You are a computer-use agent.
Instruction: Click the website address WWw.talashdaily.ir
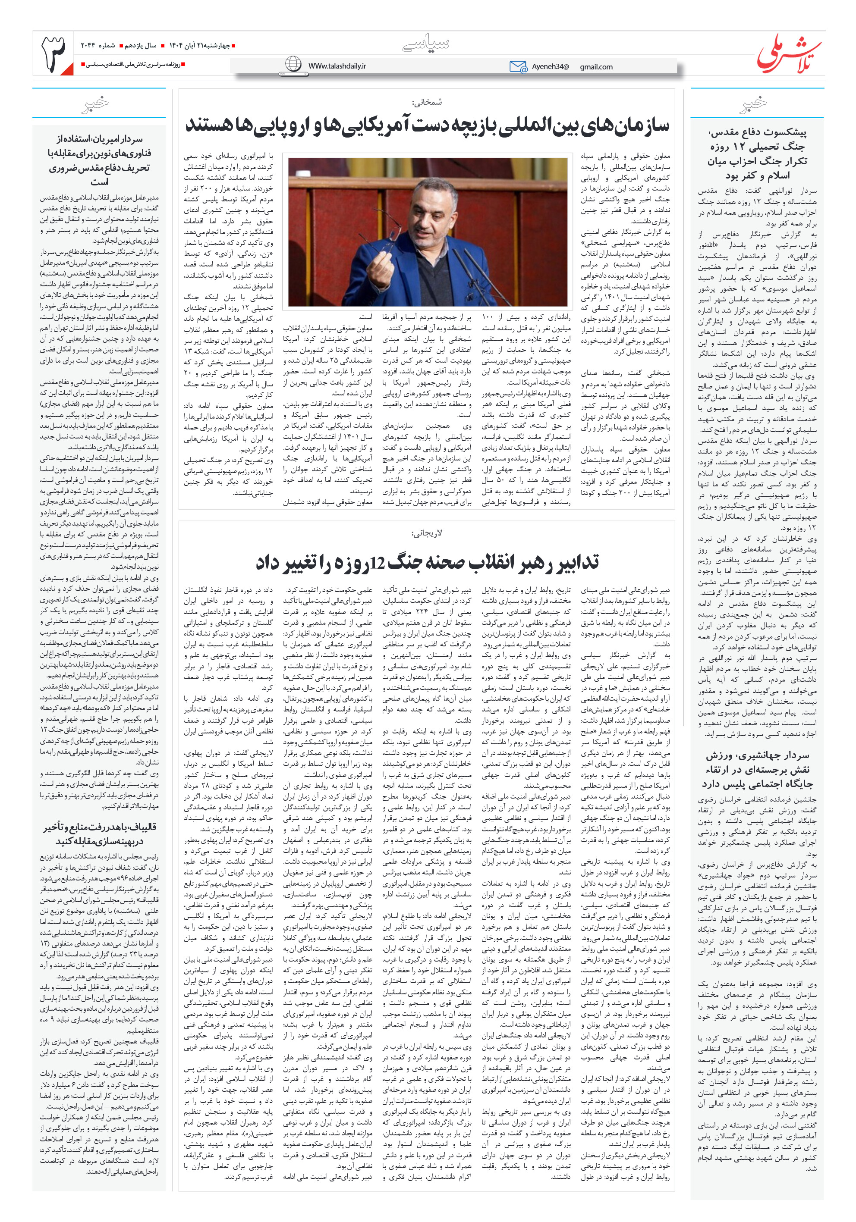tap(337, 66)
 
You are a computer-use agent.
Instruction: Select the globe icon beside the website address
tap(293, 64)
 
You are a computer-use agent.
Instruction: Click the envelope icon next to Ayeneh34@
tap(518, 66)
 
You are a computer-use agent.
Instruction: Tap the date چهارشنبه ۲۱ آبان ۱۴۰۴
tap(200, 46)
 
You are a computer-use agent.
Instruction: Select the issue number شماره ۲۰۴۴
tap(98, 46)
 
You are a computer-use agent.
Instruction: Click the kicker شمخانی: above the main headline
tap(427, 102)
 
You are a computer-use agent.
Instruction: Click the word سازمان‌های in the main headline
tap(624, 126)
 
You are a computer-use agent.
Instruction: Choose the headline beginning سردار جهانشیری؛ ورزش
tap(756, 770)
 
